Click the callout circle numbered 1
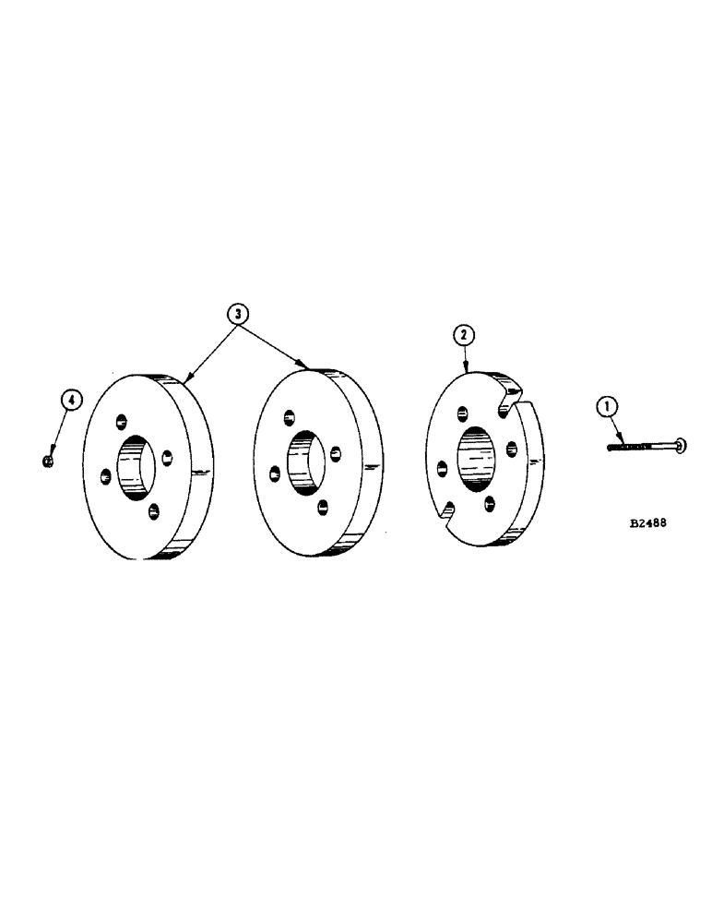[608, 403]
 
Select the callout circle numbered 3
[240, 314]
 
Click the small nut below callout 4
[48, 458]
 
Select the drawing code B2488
[649, 521]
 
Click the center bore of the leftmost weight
[136, 466]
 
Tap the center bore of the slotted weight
[476, 458]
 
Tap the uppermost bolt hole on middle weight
[290, 417]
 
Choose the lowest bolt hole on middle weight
[324, 507]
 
